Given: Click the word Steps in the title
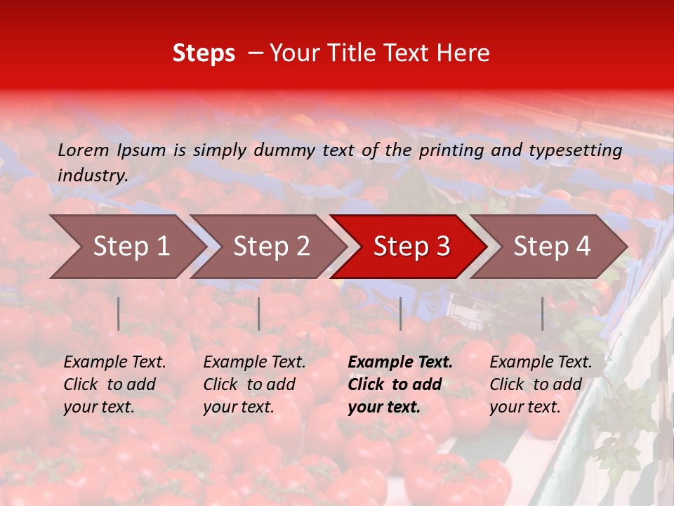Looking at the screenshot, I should click(x=204, y=53).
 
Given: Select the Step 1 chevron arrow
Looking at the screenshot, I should click(x=126, y=247).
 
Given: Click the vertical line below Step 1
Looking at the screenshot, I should click(x=119, y=313).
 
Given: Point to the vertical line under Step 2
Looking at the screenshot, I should click(x=259, y=313).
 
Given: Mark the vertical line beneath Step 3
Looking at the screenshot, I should click(x=400, y=313).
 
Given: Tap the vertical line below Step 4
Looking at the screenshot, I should click(x=542, y=313).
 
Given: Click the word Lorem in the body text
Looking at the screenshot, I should click(x=84, y=150).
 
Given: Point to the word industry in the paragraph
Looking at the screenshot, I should click(x=93, y=176).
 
